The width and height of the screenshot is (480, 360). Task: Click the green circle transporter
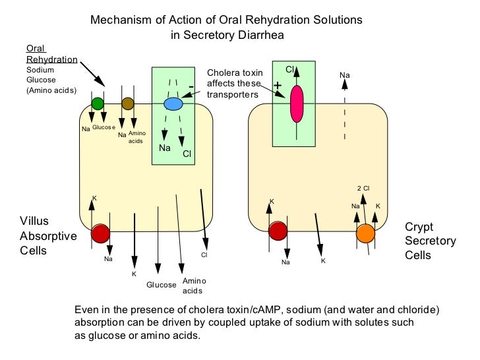(98, 103)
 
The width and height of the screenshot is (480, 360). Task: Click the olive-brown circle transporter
(128, 103)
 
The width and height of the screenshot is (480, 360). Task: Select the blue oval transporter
(173, 104)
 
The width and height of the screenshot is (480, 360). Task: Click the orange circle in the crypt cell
(365, 233)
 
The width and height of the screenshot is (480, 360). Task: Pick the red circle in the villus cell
(101, 233)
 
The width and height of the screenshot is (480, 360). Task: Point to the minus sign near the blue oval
(191, 86)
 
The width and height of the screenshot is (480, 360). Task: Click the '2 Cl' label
(363, 187)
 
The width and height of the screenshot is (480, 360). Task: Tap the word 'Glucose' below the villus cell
(162, 285)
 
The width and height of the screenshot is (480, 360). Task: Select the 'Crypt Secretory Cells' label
(430, 241)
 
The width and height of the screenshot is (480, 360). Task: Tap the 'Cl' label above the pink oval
(289, 69)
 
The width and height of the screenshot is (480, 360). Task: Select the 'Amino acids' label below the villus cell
(193, 285)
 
